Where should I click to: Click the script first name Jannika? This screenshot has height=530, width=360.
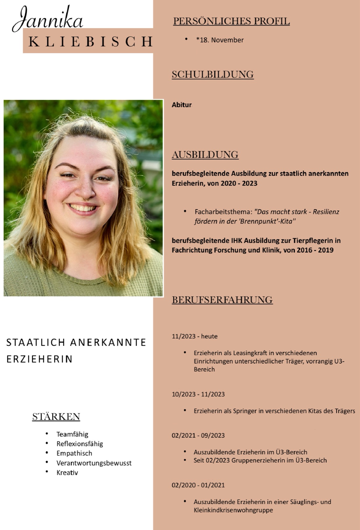pyautogui.click(x=48, y=19)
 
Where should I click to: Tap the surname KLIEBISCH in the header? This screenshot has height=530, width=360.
pyautogui.click(x=91, y=41)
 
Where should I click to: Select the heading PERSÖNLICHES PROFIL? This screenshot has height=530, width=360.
pyautogui.click(x=231, y=21)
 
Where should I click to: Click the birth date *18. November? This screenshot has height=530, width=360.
pyautogui.click(x=220, y=40)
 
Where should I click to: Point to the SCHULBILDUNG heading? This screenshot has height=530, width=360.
pyautogui.click(x=213, y=75)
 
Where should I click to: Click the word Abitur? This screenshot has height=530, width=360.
pyautogui.click(x=182, y=105)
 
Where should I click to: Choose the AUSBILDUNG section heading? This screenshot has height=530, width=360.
pyautogui.click(x=205, y=155)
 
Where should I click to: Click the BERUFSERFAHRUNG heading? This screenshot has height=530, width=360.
pyautogui.click(x=222, y=300)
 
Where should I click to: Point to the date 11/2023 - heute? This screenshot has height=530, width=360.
pyautogui.click(x=195, y=336)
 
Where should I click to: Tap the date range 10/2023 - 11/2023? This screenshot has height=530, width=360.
pyautogui.click(x=198, y=394)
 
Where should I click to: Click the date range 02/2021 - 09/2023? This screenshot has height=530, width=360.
pyautogui.click(x=198, y=436)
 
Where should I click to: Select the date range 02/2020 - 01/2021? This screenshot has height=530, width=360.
pyautogui.click(x=198, y=485)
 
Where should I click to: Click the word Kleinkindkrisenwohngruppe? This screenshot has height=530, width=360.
pyautogui.click(x=233, y=510)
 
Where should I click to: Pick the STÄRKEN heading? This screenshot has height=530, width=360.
pyautogui.click(x=56, y=417)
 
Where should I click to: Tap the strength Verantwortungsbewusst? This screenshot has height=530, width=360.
pyautogui.click(x=94, y=463)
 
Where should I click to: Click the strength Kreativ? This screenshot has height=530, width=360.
pyautogui.click(x=67, y=473)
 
